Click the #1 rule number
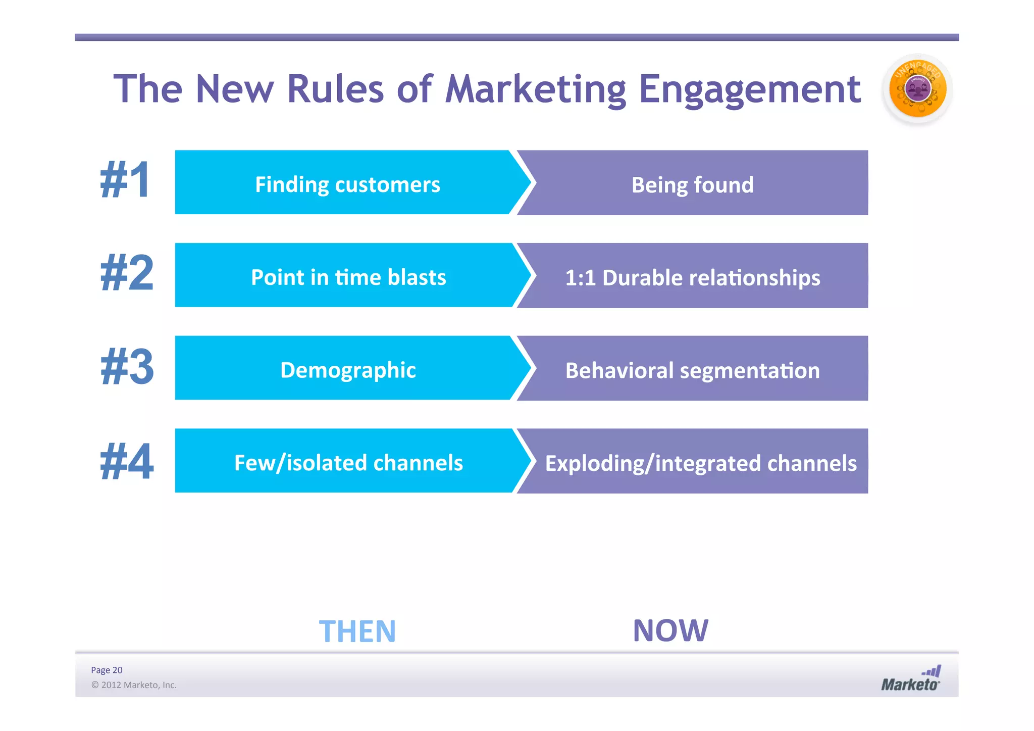tap(126, 181)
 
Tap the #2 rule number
tap(127, 274)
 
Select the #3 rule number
tap(127, 367)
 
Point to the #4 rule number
tap(127, 461)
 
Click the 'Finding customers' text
tap(347, 184)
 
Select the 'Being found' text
tap(692, 185)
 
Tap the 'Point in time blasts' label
tap(348, 277)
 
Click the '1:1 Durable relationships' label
tap(692, 278)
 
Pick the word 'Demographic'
tap(348, 370)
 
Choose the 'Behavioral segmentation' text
tap(692, 371)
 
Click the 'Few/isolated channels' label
tap(348, 463)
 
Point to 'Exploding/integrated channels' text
tap(701, 463)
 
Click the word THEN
tap(357, 631)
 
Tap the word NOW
tap(670, 630)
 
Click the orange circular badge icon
tap(917, 89)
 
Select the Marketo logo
tap(911, 679)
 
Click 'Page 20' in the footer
tap(107, 670)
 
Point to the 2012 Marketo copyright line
tap(134, 685)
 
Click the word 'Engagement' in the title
tap(750, 89)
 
